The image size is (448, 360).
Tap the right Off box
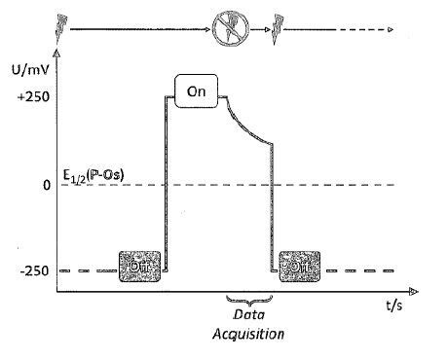[x=299, y=264]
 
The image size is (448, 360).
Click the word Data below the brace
[x=248, y=316]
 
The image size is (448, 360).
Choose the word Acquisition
[x=248, y=335]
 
